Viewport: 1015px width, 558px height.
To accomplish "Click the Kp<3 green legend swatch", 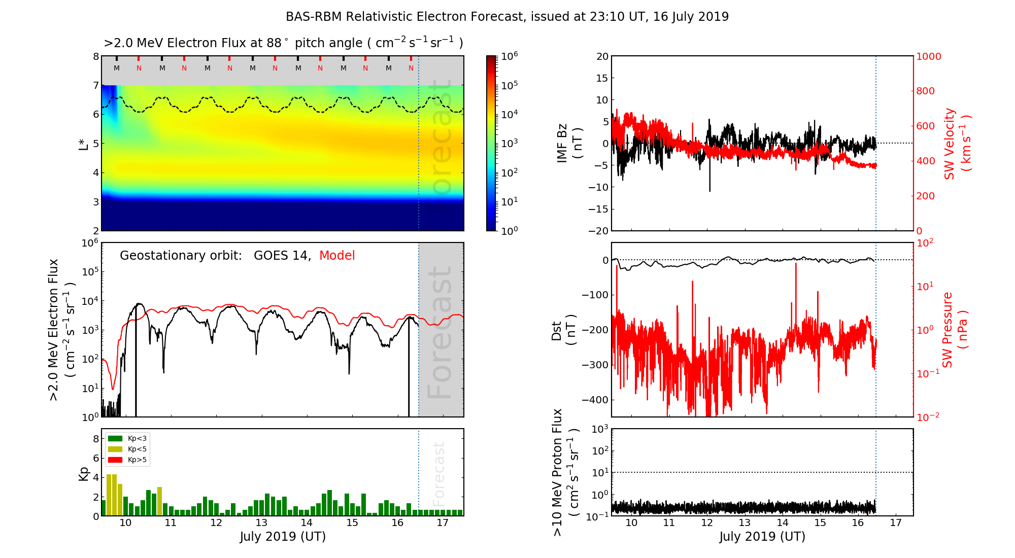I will coord(115,438).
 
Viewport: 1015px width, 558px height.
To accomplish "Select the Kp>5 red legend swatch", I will coord(115,460).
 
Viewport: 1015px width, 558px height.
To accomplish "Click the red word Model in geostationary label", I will coord(337,256).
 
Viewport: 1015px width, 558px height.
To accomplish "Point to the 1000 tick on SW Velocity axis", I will coord(929,56).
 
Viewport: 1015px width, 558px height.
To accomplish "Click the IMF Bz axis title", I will coord(569,144).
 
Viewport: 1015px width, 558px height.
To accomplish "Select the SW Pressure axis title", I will coord(955,330).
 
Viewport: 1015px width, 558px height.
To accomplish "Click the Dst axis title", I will coord(563,330).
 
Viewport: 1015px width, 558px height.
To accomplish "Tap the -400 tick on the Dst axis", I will coord(595,400).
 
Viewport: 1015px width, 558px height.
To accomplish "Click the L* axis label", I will coord(84,144).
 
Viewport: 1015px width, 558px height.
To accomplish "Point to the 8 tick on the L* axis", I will coord(95,56).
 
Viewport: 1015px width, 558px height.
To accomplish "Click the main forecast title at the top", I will coord(507,17).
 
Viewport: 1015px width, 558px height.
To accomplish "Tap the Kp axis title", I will coord(84,473).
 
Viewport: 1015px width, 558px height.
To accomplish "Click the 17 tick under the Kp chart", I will coord(443,523).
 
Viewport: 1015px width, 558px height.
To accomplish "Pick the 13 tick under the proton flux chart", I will coord(745,523).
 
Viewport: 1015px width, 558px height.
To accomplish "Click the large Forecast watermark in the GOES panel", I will coord(439,332).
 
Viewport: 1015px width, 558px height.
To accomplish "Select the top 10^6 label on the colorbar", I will coord(509,56).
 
